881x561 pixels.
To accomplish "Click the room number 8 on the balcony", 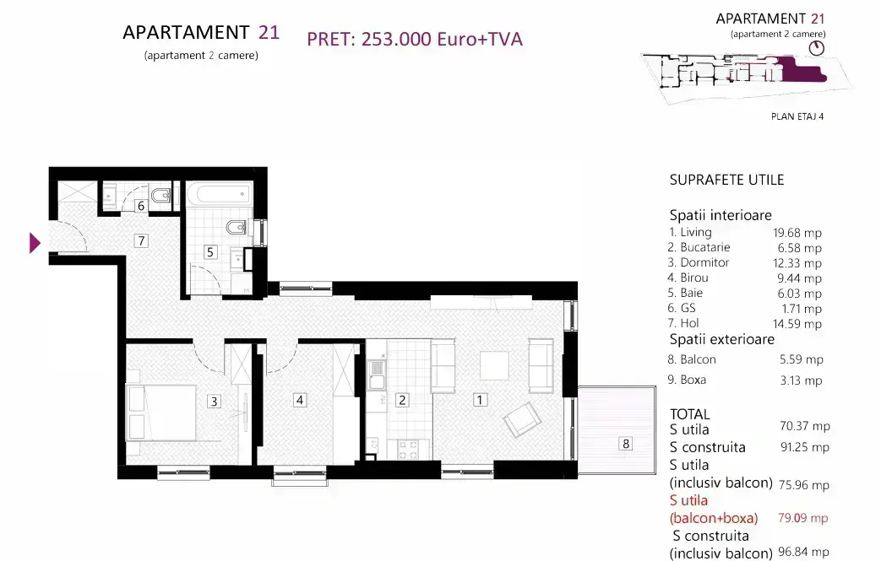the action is pos(626,444).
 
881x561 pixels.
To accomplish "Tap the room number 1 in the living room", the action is pos(480,400).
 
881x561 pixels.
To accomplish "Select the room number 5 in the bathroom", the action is pos(210,252).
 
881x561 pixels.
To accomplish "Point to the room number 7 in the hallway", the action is pos(141,240).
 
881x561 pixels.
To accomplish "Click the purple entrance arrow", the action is pos(35,243).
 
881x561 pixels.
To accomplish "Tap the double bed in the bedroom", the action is pos(162,413).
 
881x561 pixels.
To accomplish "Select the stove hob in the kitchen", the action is pos(408,449).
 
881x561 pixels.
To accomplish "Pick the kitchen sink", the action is pos(377,375).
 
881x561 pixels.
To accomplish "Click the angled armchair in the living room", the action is pos(523,419).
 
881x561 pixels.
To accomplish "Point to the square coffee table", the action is pos(494,366).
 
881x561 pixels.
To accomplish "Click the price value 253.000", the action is pos(397,39).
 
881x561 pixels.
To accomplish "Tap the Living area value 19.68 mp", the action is pos(797,233).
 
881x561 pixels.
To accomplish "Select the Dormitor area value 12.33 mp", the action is pos(797,263).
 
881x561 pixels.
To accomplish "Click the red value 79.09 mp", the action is pos(803,518).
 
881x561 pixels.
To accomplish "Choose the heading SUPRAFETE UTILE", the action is pos(726,180).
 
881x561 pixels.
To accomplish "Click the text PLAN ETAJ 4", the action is pos(797,116).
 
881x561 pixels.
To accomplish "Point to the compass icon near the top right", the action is pos(817,48).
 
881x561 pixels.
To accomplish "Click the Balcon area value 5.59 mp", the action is pos(802,359).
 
